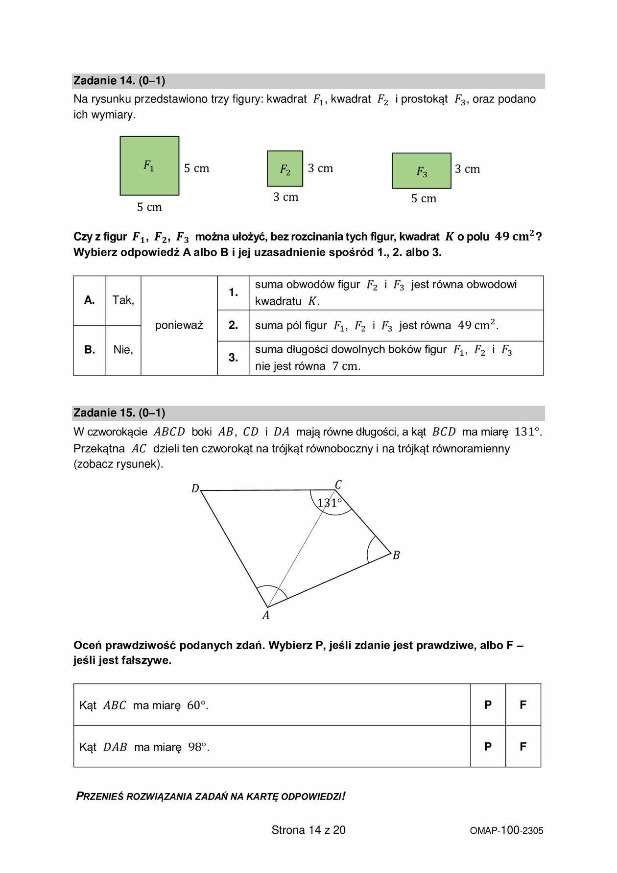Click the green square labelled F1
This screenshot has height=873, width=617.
(x=149, y=166)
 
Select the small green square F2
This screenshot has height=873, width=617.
(x=285, y=169)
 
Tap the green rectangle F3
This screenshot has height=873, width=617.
(x=421, y=171)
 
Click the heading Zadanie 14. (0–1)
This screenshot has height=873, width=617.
(x=119, y=81)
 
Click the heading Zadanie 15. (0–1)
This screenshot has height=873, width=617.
(x=119, y=413)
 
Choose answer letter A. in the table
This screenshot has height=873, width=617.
(x=90, y=300)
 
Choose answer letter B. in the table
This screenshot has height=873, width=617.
(x=90, y=350)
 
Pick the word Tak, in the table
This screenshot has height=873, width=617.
(x=123, y=300)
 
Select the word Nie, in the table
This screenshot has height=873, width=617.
(x=123, y=350)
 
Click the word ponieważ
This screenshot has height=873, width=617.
(x=179, y=325)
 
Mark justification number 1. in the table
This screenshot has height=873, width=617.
(x=233, y=292)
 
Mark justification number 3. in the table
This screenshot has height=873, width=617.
(x=233, y=358)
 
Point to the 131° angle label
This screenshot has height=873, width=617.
(x=329, y=503)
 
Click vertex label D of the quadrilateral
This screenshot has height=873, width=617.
(x=195, y=488)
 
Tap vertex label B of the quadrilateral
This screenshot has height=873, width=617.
(x=396, y=556)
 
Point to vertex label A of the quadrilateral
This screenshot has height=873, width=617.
(x=265, y=616)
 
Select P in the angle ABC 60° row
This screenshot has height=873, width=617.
(x=488, y=705)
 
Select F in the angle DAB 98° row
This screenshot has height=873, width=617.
(x=523, y=747)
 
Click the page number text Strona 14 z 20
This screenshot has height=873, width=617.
(x=308, y=830)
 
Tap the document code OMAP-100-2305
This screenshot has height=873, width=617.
(x=506, y=830)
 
